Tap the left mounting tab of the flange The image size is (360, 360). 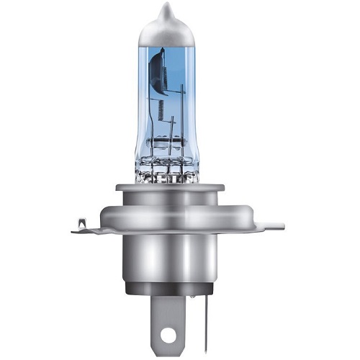point(89,229)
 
